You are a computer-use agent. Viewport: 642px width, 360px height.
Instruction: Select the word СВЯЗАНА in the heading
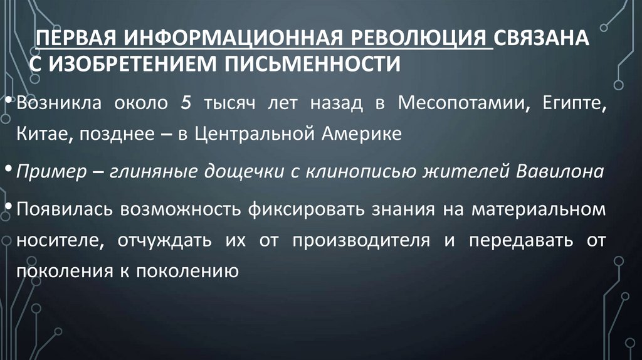(x=542, y=39)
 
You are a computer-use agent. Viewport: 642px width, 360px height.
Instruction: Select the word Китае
(x=41, y=134)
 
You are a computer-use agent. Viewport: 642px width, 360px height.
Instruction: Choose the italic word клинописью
(x=357, y=172)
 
